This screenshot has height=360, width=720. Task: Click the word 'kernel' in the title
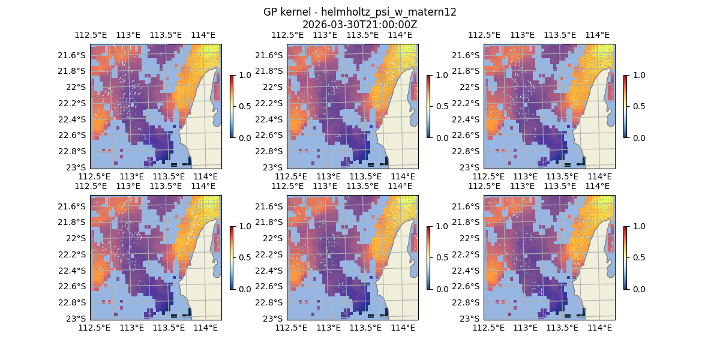pyautogui.click(x=293, y=12)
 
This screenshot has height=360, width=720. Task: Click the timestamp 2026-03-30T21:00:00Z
pyautogui.click(x=359, y=25)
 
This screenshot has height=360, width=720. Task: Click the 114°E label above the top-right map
pyautogui.click(x=597, y=35)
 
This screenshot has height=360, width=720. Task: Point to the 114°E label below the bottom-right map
pyautogui.click(x=600, y=328)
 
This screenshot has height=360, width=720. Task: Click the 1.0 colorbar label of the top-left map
pyautogui.click(x=244, y=75)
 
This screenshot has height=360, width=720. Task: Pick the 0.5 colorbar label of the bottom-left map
pyautogui.click(x=244, y=257)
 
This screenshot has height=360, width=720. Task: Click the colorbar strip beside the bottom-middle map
pyautogui.click(x=428, y=257)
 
